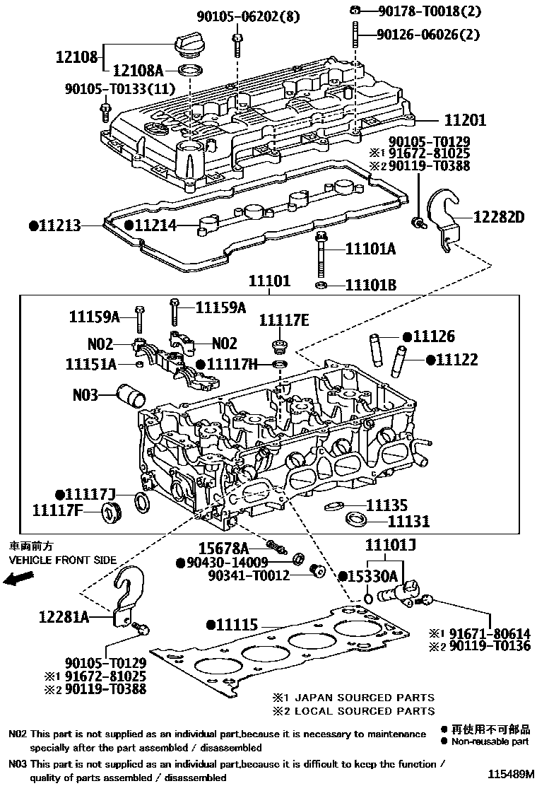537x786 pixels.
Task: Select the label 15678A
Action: click(x=223, y=548)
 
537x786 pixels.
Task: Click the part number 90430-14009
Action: click(x=227, y=563)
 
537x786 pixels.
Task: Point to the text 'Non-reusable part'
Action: click(x=488, y=742)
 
